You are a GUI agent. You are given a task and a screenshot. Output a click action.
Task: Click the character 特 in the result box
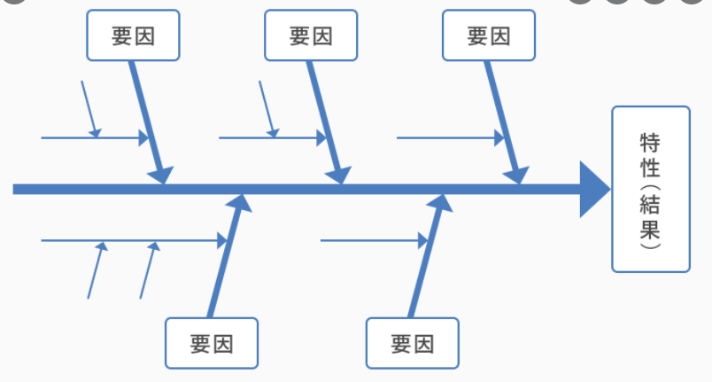click(651, 144)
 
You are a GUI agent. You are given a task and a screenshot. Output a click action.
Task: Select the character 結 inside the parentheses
click(651, 209)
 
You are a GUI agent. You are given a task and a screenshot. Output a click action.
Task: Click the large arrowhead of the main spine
click(594, 189)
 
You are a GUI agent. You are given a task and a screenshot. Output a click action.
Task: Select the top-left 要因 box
click(134, 35)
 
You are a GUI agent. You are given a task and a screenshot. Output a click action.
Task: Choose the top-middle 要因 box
click(311, 35)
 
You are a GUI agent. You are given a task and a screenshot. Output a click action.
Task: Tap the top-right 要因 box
click(489, 35)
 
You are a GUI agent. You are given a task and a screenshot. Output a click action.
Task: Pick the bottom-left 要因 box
click(212, 343)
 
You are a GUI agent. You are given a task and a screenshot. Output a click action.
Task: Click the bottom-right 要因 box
click(413, 343)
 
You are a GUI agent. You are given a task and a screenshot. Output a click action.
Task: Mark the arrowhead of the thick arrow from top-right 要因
click(517, 175)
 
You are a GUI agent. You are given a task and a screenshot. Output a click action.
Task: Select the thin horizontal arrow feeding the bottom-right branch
click(373, 239)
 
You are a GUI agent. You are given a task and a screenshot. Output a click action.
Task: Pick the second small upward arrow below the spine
click(150, 269)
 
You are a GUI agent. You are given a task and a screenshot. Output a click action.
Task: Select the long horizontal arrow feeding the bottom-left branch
click(133, 239)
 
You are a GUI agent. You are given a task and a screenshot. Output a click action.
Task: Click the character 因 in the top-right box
click(500, 35)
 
